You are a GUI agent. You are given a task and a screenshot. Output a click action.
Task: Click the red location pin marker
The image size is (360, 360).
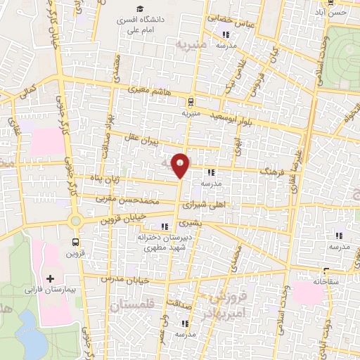[181, 164]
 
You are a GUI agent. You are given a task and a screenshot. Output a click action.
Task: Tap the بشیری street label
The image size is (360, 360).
[188, 223]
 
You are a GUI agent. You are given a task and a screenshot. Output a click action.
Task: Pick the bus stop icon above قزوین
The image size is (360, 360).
[75, 242]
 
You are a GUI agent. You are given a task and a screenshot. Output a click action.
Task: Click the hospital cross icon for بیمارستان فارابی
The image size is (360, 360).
[50, 278]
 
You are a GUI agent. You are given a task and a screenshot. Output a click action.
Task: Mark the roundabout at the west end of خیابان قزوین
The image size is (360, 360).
[75, 221]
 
